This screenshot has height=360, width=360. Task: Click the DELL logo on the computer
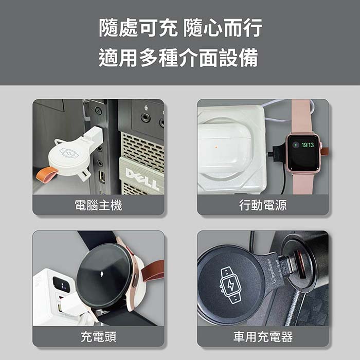coord(143,179)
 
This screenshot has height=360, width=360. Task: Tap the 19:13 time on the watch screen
coord(308,145)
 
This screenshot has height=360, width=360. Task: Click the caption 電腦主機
coord(99,205)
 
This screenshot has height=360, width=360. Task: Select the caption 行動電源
coord(263,205)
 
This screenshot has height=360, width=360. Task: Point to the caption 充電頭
coord(99,337)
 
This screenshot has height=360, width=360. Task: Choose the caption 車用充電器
coord(263,337)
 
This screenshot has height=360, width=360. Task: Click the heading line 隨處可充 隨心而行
coord(181,28)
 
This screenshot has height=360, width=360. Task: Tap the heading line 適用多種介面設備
coord(178,58)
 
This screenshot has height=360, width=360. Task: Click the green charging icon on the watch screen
coord(296,145)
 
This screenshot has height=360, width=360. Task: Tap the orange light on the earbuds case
coord(216,147)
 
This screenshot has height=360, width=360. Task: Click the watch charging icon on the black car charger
coord(230,285)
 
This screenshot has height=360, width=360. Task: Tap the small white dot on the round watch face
coord(102,274)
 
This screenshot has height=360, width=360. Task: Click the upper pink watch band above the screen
coord(302,116)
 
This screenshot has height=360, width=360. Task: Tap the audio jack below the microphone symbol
coord(146,118)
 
